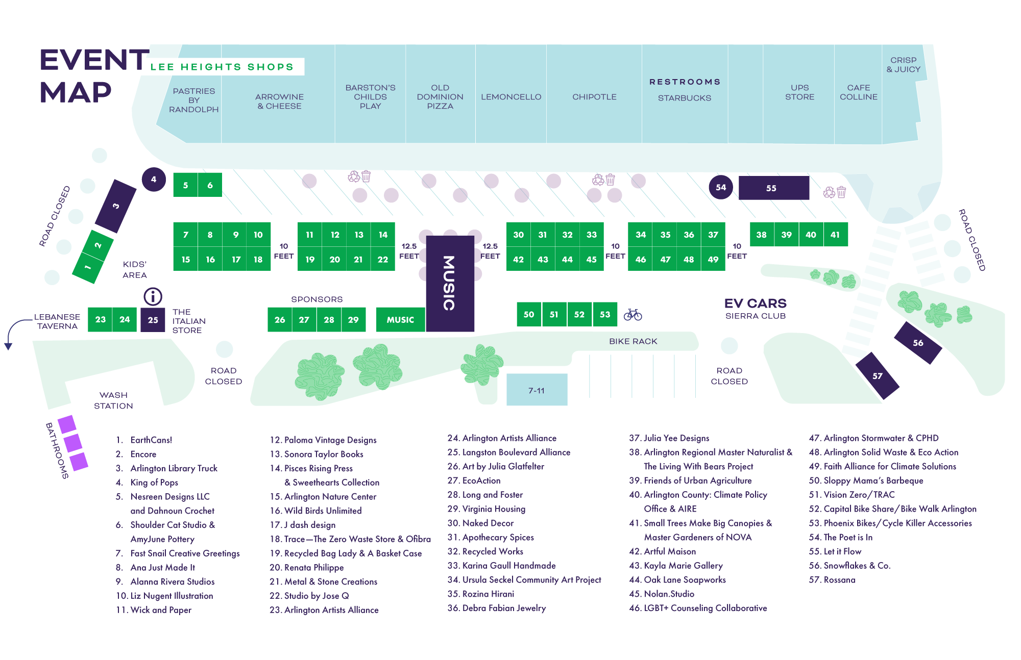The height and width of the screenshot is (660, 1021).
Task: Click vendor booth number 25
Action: (x=153, y=320)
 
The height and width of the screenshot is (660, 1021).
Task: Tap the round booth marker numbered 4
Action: (x=154, y=180)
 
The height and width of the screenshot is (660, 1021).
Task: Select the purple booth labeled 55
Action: (x=773, y=188)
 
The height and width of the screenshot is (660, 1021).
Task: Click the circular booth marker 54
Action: (x=721, y=187)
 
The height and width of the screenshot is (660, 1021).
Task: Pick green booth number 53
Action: (x=605, y=314)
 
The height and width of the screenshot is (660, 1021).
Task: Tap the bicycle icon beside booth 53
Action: (x=633, y=314)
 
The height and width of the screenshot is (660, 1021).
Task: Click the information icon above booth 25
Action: (x=153, y=296)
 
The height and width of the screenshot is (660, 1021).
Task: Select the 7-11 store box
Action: (x=537, y=390)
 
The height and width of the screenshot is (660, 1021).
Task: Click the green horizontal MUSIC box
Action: (x=400, y=320)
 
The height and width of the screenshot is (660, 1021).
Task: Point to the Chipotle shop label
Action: (x=594, y=97)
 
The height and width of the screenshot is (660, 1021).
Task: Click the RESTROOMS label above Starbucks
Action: (x=685, y=82)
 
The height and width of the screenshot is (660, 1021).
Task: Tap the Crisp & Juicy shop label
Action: (x=903, y=65)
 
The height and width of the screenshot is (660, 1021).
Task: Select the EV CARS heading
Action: (x=755, y=303)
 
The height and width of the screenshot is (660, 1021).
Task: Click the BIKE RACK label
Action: (x=633, y=341)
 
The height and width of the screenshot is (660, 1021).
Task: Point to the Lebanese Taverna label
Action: (x=57, y=321)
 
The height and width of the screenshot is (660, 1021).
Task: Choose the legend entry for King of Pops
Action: (x=154, y=483)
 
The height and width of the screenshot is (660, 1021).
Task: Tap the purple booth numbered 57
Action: (x=877, y=376)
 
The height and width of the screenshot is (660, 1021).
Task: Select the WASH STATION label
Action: (x=113, y=400)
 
